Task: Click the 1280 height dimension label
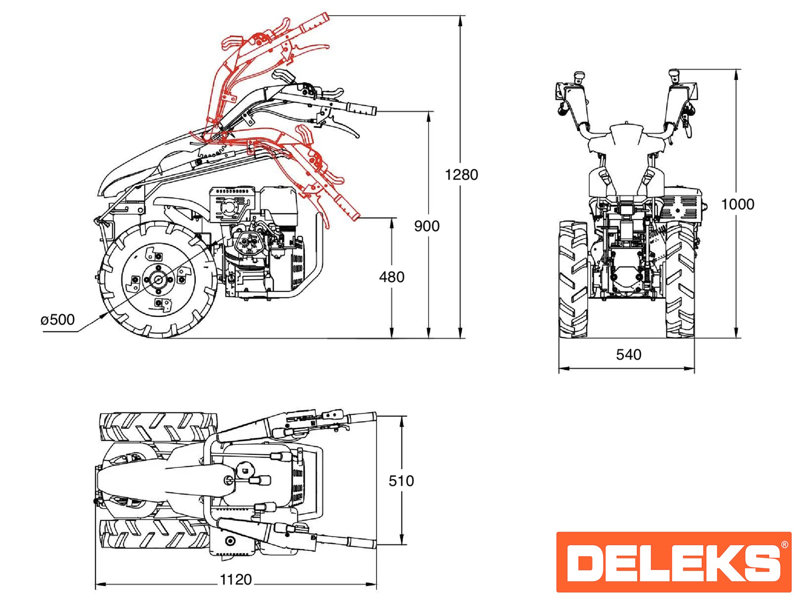[x=461, y=175]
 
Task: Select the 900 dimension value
[x=427, y=226]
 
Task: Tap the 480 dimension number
[x=391, y=277]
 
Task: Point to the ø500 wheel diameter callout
[x=58, y=320]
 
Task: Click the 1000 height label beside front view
[x=737, y=204]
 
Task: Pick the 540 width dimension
[x=628, y=355]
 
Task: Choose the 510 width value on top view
[x=401, y=481]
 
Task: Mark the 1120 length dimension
[x=236, y=580]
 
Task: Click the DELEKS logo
[x=673, y=561]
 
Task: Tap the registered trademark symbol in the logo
[x=784, y=544]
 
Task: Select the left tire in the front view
[x=573, y=279]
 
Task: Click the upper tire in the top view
[x=158, y=427]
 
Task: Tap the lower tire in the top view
[x=155, y=534]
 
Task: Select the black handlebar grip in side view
[x=362, y=110]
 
